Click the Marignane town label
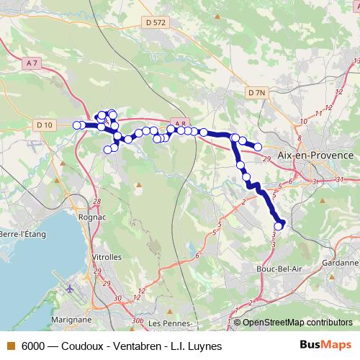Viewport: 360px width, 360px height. click(71, 318)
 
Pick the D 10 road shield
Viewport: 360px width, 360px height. click(45, 125)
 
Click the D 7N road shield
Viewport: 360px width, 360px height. click(256, 93)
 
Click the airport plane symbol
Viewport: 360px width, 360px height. click(70, 289)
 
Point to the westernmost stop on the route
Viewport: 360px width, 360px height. click(76, 125)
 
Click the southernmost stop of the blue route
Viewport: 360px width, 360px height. click(279, 227)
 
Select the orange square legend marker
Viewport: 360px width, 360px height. click(11, 346)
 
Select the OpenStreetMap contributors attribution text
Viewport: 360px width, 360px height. click(297, 322)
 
